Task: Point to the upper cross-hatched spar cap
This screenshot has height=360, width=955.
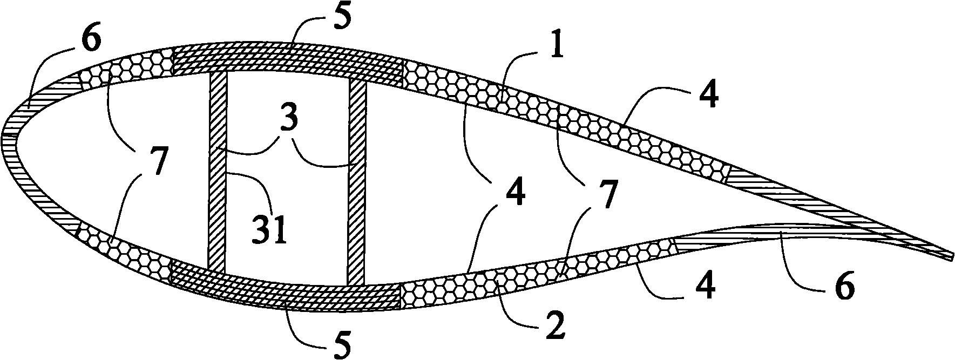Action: click(286, 58)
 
